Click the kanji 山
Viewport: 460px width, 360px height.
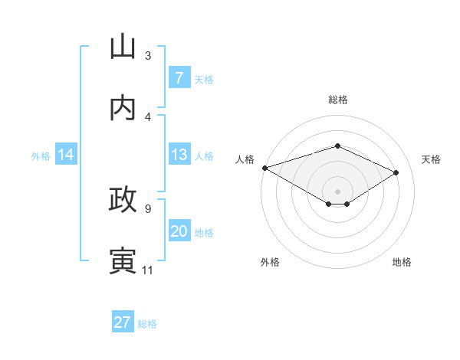pos(123,47)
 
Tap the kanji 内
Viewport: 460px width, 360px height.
pos(123,108)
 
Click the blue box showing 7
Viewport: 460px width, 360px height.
pos(179,77)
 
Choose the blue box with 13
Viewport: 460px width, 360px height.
pos(179,155)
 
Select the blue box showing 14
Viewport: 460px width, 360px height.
pos(66,155)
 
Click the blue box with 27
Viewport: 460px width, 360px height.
pos(123,322)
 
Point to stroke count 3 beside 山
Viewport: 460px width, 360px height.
pos(148,56)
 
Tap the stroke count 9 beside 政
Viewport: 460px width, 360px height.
pos(148,208)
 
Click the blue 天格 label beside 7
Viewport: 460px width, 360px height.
pos(204,79)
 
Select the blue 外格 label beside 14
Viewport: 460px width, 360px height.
pos(41,155)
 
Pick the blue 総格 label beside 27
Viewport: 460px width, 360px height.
pos(147,324)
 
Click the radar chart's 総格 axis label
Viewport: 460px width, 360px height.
pos(337,100)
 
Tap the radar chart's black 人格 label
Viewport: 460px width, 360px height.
pos(245,159)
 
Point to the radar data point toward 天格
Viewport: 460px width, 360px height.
pos(396,172)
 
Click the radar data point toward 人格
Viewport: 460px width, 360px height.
pos(264,168)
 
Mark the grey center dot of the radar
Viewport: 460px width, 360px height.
pos(337,191)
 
